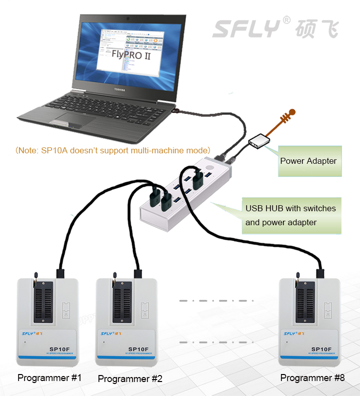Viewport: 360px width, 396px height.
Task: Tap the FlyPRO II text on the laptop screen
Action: [x=131, y=55]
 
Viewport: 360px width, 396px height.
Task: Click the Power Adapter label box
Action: [x=309, y=161]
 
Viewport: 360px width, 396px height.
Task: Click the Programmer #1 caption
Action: [x=49, y=378]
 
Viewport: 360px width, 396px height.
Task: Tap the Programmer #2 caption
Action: [x=130, y=379]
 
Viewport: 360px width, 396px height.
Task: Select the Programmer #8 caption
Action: [x=312, y=378]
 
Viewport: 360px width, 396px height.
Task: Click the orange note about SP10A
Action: [x=112, y=150]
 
